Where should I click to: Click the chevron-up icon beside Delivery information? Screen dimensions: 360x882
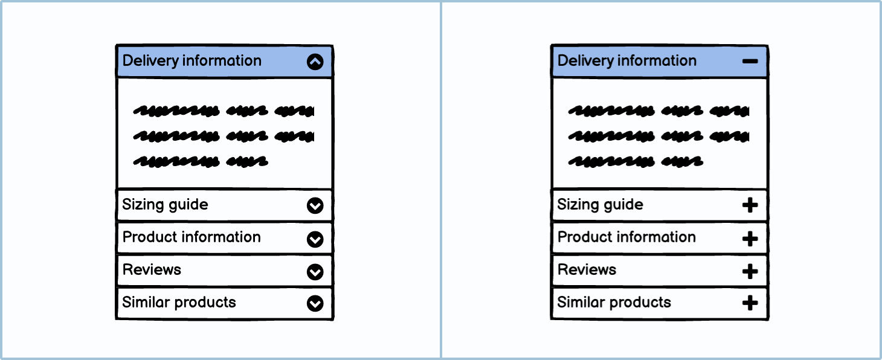coord(315,62)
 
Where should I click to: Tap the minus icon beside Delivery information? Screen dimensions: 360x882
coord(750,62)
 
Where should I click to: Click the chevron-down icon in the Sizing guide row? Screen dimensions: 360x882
coord(315,207)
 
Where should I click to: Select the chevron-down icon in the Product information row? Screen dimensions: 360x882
coord(315,240)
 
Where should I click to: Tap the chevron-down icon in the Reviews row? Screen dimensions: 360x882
coord(315,272)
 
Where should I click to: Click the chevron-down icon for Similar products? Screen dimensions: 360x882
coord(315,304)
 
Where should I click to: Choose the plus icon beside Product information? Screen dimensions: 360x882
coord(750,239)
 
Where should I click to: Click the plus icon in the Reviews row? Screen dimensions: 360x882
coord(750,271)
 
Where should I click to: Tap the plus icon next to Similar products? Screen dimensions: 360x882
coord(750,303)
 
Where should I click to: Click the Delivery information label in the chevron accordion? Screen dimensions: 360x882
coord(192,60)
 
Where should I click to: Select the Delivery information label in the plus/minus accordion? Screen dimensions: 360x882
coord(627,60)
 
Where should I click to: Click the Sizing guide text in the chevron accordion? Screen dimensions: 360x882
coord(165,205)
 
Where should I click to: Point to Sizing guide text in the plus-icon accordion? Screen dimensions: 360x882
coord(600,205)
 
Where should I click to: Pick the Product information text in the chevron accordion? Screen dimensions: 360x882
coord(192,237)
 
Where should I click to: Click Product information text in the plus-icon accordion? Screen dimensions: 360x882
coord(626,237)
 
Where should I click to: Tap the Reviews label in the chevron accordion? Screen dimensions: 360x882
coord(152,269)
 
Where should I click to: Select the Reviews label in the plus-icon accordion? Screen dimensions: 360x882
coord(587,269)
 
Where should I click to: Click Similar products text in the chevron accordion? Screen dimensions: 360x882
coord(179,302)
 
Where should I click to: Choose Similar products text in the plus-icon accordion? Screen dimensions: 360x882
coord(614,302)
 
